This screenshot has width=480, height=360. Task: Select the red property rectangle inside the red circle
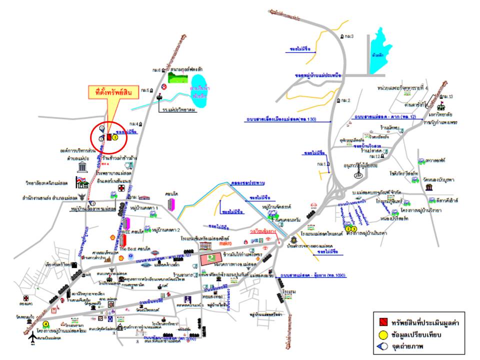(108, 136)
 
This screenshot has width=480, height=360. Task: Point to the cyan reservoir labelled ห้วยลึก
(380, 47)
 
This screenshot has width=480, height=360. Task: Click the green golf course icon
(175, 77)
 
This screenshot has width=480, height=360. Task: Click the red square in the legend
(381, 321)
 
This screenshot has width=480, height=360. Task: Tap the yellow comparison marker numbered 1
(115, 136)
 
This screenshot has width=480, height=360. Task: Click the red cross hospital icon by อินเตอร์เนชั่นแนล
(120, 188)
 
